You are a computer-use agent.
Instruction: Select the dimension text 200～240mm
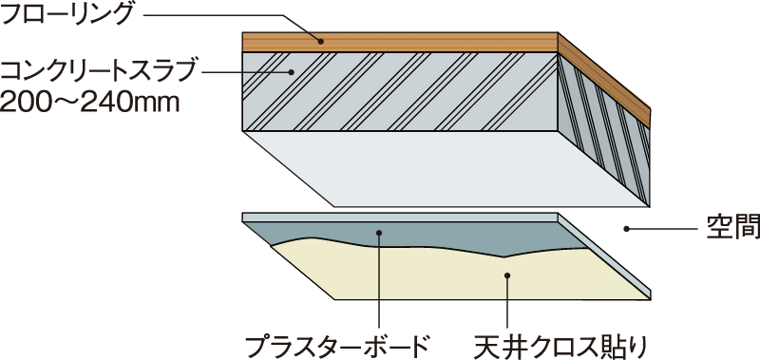tap(89, 99)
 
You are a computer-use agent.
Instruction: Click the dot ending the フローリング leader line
tap(321, 41)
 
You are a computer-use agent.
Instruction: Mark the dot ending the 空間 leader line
tap(626, 229)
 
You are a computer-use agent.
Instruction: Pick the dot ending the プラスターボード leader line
tap(378, 231)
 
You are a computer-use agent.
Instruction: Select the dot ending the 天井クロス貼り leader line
tap(508, 275)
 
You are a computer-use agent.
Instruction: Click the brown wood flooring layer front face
tap(399, 42)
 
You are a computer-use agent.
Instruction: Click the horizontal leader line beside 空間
tap(665, 229)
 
